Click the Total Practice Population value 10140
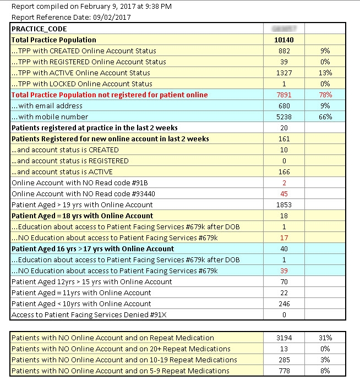point(284,40)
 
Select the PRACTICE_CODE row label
point(39,29)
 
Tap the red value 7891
point(284,95)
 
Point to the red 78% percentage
point(325,95)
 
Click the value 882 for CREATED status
point(284,51)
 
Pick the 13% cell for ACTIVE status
point(325,73)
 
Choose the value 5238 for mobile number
point(284,117)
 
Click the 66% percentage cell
point(325,117)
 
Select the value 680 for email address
point(284,106)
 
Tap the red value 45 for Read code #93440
point(284,194)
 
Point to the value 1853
point(284,205)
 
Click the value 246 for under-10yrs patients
point(284,303)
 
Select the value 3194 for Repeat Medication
point(284,338)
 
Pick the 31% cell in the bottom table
point(325,338)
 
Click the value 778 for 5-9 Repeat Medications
point(284,371)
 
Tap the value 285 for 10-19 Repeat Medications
point(284,360)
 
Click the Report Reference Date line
point(71,17)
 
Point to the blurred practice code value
point(284,28)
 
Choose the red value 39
point(284,270)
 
